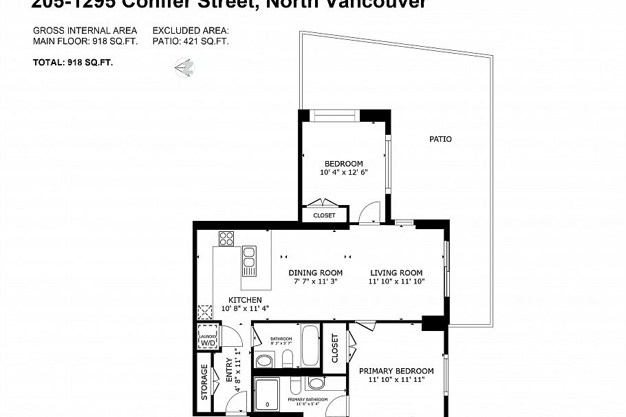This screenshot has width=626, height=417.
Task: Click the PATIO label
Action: pos(440,139)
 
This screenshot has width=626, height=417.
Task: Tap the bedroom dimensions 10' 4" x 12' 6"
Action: pos(343,172)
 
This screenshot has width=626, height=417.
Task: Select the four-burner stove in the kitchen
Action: pos(226,238)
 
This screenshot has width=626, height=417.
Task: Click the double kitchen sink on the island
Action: pos(249,259)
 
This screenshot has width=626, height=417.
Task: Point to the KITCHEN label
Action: pos(245,300)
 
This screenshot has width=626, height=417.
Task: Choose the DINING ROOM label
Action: pos(315,272)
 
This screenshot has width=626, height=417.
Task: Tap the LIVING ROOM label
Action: pos(396,272)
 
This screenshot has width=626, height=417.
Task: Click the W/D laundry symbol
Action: pos(208,339)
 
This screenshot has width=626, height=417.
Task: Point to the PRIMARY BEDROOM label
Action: pos(397,371)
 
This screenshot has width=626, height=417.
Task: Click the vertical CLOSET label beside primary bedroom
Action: pos(335,349)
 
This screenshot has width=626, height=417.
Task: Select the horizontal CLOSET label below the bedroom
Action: pos(324,215)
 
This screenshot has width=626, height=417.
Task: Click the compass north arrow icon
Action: pos(184,67)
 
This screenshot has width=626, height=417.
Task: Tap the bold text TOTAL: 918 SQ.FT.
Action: pos(73,62)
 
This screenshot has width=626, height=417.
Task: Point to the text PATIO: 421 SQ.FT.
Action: pos(191,41)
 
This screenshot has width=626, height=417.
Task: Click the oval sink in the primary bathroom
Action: pos(316,383)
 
